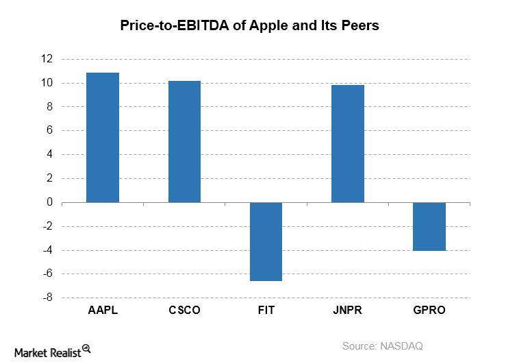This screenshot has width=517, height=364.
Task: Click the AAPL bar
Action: (103, 138)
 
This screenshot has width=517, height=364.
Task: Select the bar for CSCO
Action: (184, 142)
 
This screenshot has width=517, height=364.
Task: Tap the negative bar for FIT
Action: (266, 241)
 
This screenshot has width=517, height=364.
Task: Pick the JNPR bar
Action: (347, 144)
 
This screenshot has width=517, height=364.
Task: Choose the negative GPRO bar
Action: (429, 226)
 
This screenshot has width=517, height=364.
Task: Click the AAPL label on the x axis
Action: (103, 310)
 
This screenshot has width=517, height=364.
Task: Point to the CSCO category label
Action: (184, 310)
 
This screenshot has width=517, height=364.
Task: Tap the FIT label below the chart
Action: (266, 310)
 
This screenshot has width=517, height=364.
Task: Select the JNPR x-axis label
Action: (347, 310)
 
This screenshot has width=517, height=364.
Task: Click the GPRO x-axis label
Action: (429, 310)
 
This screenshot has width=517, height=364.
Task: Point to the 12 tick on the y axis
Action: (47, 59)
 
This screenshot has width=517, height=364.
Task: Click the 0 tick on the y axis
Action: (49, 202)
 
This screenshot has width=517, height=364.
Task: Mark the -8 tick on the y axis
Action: (47, 298)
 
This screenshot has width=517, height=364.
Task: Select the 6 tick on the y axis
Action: (49, 130)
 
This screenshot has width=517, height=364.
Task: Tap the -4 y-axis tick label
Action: (47, 250)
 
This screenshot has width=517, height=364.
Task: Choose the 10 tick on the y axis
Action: (47, 83)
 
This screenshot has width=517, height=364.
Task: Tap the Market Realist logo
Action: (49, 350)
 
